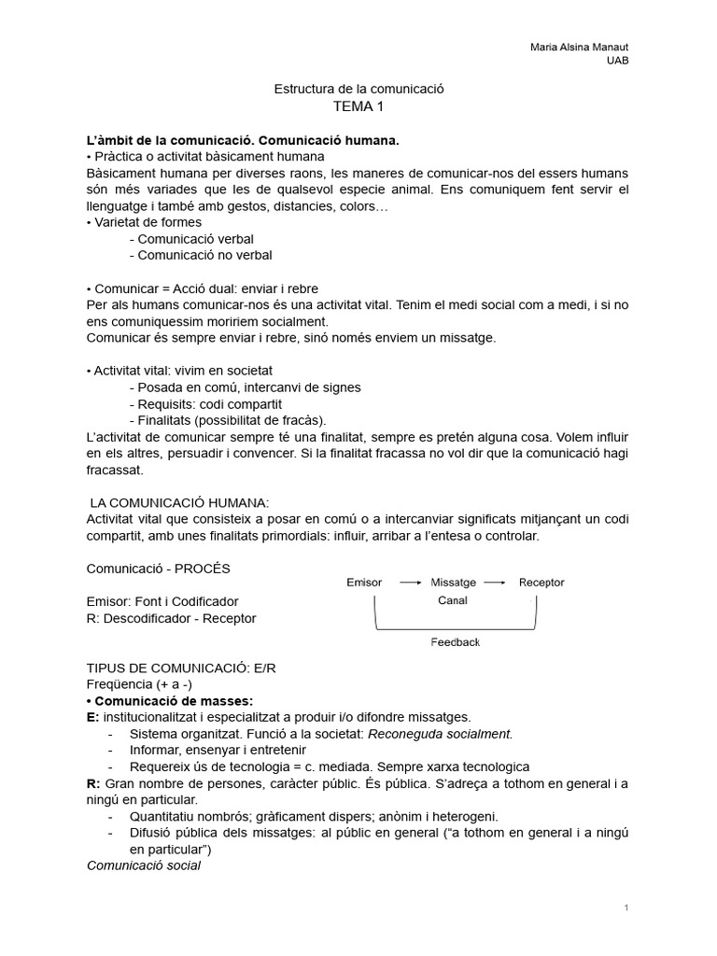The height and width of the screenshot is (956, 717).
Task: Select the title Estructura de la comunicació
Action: pos(358,89)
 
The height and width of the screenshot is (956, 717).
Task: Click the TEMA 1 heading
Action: pos(358,106)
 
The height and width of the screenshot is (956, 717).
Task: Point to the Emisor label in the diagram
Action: pos(364,582)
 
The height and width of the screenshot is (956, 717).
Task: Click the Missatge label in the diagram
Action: pos(454,582)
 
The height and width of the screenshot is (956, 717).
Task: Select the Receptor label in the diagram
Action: pos(541,582)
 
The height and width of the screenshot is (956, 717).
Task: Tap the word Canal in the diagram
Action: pos(453,600)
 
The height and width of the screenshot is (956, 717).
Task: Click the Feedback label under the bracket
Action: pos(455,642)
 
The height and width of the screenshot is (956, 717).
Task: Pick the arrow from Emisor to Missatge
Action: pos(410,583)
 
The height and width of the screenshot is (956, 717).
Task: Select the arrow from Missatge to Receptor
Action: pos(496,583)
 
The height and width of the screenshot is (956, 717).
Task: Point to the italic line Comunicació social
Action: pos(143,865)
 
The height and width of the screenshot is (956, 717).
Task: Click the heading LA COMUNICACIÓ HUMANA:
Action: pos(179,503)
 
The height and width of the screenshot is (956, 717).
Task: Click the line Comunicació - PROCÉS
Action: pos(158,568)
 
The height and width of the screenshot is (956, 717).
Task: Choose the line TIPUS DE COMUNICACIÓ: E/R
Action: pos(181,668)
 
